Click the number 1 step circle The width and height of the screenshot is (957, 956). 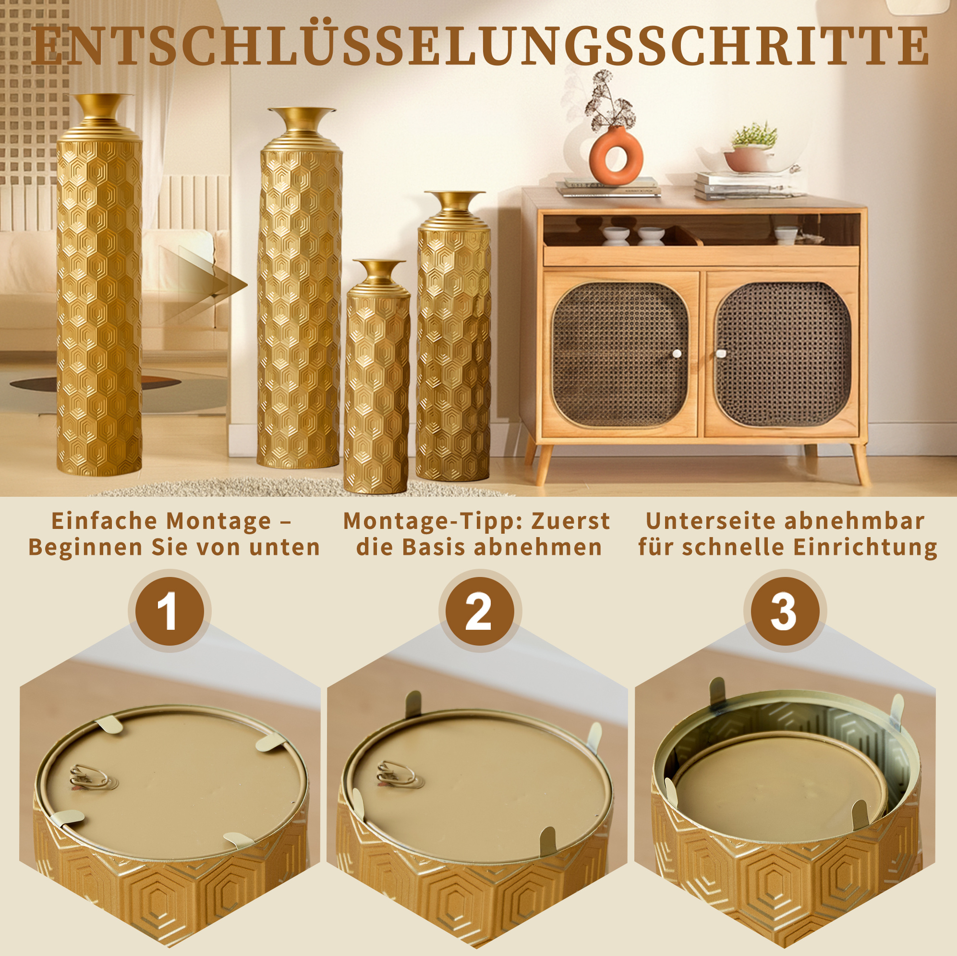click(170, 611)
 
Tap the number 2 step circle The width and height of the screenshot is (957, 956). click(480, 611)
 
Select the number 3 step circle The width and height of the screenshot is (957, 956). click(785, 611)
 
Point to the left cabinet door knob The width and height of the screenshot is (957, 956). click(677, 354)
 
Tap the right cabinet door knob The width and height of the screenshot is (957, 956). click(721, 354)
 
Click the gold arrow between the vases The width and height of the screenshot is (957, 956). click(203, 285)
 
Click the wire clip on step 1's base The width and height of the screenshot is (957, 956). click(93, 776)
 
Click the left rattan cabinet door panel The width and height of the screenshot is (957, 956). click(620, 355)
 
